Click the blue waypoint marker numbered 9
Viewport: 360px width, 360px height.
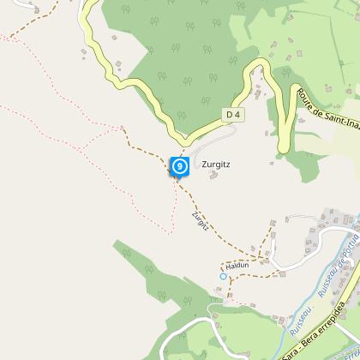179,165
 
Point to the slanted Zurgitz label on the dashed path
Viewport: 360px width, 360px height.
201,220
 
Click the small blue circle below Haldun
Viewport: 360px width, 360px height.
224,276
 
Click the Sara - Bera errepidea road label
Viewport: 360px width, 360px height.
317,337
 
